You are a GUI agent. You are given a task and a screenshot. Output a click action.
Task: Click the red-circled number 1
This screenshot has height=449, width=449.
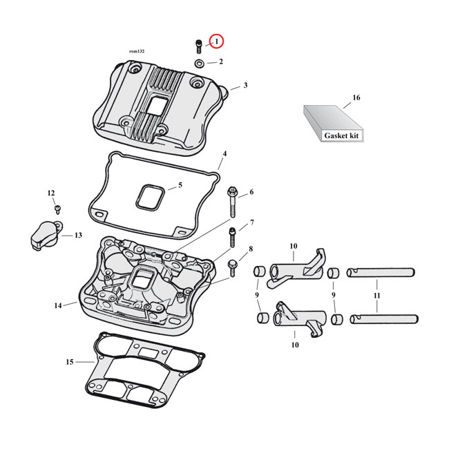point(217,42)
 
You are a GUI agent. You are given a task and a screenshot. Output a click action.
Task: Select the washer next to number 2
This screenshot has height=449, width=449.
point(199,64)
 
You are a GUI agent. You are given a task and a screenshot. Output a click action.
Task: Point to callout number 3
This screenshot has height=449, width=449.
point(245,86)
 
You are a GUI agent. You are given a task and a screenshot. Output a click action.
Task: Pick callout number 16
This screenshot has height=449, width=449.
point(356,98)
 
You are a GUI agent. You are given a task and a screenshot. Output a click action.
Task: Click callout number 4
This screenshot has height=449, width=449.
point(224,153)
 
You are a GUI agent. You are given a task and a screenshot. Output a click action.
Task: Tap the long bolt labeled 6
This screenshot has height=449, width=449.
point(232,202)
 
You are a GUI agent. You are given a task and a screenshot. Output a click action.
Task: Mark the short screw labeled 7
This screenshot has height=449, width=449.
point(232,237)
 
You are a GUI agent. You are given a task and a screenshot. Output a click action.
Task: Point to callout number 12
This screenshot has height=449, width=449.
point(50,193)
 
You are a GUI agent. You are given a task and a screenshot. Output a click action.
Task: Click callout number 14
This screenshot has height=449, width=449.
point(58,305)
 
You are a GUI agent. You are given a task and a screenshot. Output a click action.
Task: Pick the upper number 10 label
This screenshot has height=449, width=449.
point(293,247)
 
